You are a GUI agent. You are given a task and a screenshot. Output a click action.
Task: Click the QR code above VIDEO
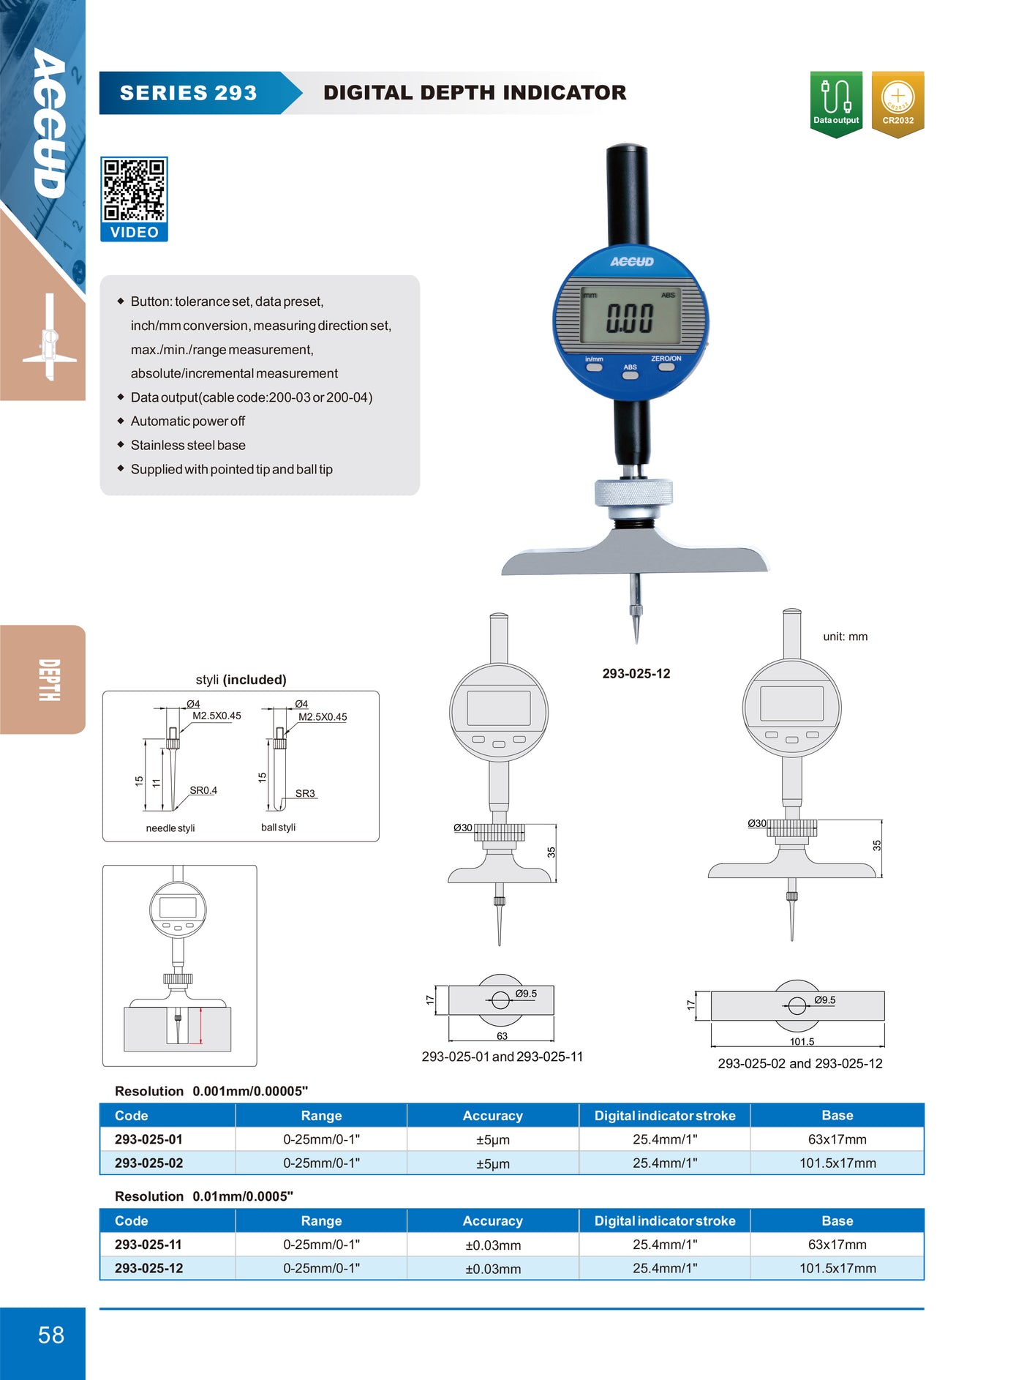[x=134, y=190]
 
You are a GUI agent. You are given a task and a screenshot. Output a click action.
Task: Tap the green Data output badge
[x=836, y=102]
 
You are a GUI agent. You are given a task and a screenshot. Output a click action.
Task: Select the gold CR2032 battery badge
[x=897, y=102]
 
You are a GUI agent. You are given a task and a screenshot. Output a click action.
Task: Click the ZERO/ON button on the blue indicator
[x=666, y=366]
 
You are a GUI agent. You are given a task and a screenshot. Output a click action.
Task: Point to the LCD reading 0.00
[x=630, y=319]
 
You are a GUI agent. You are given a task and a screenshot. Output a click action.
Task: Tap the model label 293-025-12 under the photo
[x=636, y=674]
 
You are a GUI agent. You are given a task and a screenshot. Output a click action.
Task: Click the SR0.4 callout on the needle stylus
[x=203, y=790]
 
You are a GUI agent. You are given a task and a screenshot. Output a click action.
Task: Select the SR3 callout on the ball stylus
[x=305, y=793]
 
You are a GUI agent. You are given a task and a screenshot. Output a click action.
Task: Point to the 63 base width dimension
[x=502, y=1036]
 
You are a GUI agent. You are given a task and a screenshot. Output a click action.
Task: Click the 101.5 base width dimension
[x=802, y=1041]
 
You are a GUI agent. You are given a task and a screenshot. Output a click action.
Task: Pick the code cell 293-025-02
[x=149, y=1163]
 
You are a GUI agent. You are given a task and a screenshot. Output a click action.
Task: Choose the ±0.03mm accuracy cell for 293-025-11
[x=493, y=1245]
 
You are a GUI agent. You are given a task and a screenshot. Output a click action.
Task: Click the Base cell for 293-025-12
[x=837, y=1268]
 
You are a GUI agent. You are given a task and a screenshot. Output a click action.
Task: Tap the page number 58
[x=51, y=1335]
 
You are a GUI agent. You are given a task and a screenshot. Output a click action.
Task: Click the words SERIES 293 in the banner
[x=189, y=93]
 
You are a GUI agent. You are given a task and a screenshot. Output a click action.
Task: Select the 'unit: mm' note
[x=845, y=637]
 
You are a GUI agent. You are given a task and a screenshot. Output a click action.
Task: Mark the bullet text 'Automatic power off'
[x=188, y=421]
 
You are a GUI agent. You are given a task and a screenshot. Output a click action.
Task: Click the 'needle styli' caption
[x=170, y=828]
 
